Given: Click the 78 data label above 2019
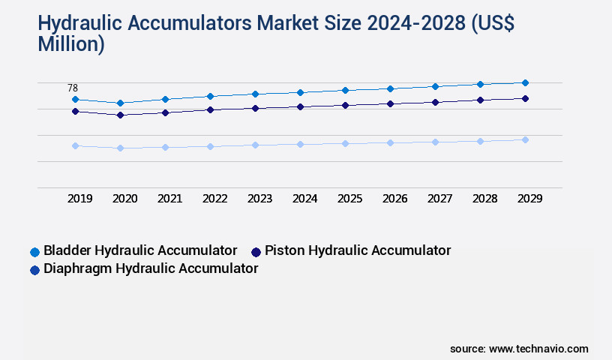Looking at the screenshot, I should [73, 88].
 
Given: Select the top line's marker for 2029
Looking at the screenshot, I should [525, 82].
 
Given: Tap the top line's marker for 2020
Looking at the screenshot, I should [120, 103].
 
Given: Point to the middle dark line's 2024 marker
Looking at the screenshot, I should [300, 106].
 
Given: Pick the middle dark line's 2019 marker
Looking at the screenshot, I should [75, 111].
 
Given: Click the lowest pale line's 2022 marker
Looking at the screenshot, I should [210, 146].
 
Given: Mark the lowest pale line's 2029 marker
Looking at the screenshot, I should [525, 139].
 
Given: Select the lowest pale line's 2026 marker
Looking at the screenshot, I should [390, 142].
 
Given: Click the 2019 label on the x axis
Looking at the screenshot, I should [80, 199].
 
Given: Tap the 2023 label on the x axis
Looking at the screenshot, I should [260, 199].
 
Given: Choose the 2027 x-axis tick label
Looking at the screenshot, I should [440, 199].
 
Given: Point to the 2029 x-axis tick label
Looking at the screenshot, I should [529, 199].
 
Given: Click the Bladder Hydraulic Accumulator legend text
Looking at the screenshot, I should [140, 250].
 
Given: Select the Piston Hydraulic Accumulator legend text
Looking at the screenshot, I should [358, 250].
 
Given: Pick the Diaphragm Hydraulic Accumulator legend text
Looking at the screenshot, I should [151, 268].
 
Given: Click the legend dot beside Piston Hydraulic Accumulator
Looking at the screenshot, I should [256, 251].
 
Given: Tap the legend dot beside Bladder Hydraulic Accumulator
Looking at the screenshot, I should [34, 251].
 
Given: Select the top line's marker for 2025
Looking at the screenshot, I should [345, 90].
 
